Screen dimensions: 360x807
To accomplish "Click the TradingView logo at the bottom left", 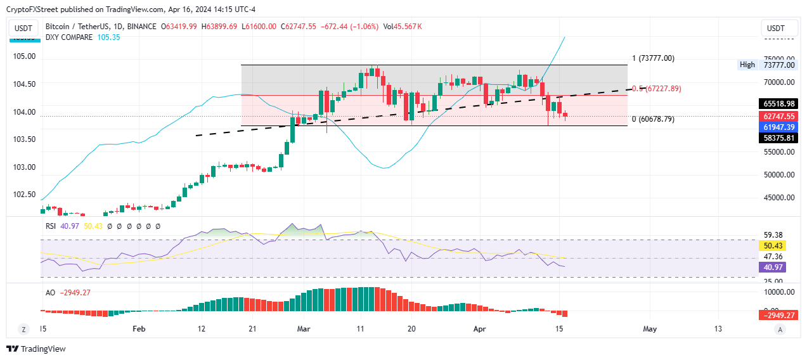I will [36, 349].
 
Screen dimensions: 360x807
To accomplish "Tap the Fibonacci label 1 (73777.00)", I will [653, 58].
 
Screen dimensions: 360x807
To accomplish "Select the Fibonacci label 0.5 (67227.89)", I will [655, 89].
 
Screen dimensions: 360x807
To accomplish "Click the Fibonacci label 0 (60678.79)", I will [653, 119].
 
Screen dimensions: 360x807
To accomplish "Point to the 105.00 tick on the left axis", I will [25, 56].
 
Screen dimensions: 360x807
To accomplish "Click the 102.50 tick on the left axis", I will [25, 195].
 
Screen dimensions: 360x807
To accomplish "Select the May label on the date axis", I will [650, 329].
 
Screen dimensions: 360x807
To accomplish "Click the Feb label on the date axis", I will [139, 329].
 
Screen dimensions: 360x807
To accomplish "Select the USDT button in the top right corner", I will [776, 29].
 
